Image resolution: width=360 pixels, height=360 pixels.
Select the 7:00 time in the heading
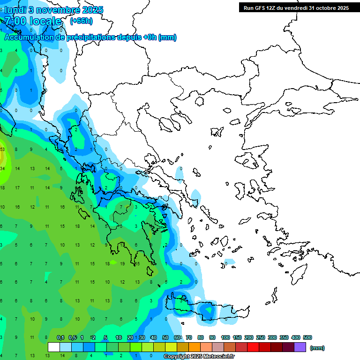tap(15, 21)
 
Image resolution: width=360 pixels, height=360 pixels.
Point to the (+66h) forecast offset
tap(81, 21)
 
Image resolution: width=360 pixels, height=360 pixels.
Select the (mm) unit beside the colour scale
tap(317, 348)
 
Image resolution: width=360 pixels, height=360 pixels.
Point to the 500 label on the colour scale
tap(307, 337)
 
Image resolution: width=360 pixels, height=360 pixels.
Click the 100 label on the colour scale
tap(225, 337)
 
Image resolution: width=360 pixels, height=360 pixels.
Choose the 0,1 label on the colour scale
tap(60, 337)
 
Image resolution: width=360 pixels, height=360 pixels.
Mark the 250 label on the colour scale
tap(261, 337)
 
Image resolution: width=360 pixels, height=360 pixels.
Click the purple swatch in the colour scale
tap(300, 347)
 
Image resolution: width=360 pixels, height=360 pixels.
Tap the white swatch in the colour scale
tap(54, 347)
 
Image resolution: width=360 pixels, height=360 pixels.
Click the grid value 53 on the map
tap(2, 150)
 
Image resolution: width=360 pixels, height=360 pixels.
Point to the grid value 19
tap(122, 264)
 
